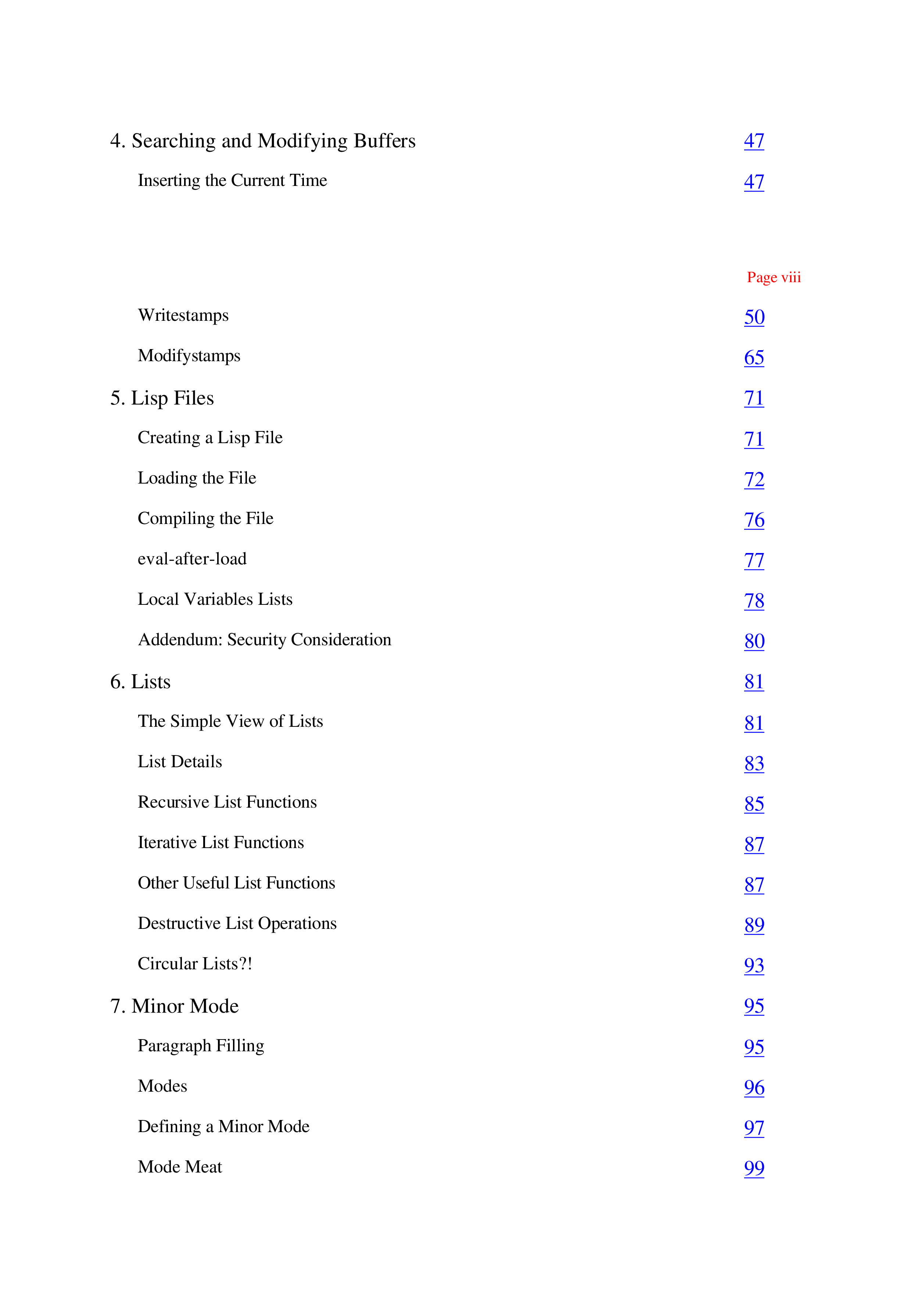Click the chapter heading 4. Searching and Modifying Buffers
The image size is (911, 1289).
(x=263, y=141)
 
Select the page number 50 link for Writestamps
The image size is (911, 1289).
(x=754, y=317)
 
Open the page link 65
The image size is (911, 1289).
(x=754, y=358)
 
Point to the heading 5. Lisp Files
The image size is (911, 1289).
(x=162, y=398)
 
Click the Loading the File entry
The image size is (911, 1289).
(x=197, y=478)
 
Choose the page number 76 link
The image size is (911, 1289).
(x=754, y=520)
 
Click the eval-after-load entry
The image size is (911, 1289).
(x=192, y=559)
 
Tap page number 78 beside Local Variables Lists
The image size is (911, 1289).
(x=754, y=601)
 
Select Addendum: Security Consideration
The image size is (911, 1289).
(x=264, y=639)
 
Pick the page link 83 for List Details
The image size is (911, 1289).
(x=754, y=764)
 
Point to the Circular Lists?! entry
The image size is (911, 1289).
(x=195, y=963)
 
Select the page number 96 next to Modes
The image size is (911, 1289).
(x=754, y=1087)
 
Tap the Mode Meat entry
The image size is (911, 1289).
(x=180, y=1167)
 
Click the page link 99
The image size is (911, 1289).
(x=754, y=1168)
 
